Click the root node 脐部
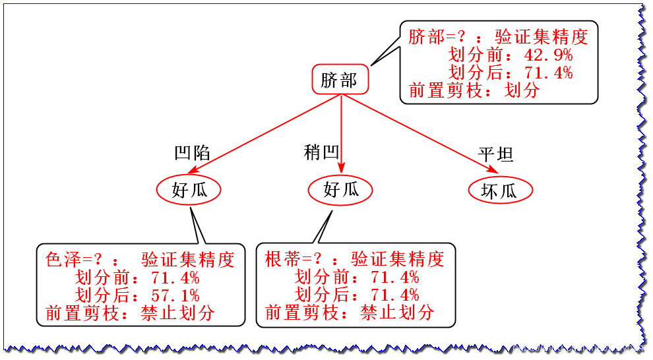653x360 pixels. click(340, 80)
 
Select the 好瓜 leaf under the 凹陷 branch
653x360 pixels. click(189, 190)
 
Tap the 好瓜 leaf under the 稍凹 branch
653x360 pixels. click(341, 190)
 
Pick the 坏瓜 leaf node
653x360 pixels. click(499, 191)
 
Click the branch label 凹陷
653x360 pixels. click(192, 153)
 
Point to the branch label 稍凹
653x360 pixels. click(321, 153)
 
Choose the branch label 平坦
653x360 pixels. click(496, 155)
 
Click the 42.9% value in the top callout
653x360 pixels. click(548, 55)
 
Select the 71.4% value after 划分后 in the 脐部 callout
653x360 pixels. click(548, 73)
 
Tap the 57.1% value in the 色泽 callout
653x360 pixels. click(175, 295)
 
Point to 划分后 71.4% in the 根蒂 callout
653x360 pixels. click(394, 295)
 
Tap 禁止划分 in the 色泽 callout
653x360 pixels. click(177, 313)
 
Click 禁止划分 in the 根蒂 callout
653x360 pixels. click(397, 313)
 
